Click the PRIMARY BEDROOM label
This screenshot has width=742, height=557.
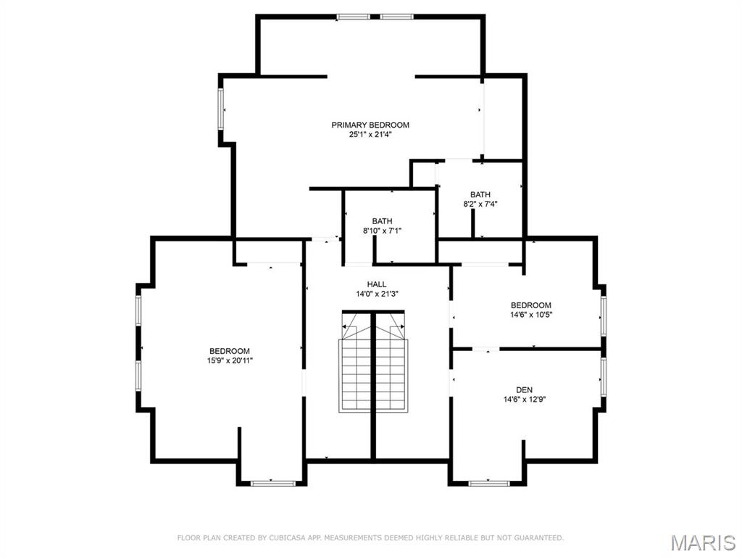click(x=370, y=125)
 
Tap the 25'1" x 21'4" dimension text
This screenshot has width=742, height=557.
click(x=370, y=134)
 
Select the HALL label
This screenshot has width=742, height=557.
click(x=377, y=284)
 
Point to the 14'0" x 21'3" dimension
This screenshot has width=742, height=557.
click(x=377, y=294)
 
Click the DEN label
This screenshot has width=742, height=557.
click(x=525, y=389)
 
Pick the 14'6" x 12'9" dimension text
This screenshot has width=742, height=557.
click(x=525, y=400)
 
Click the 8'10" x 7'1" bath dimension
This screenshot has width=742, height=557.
click(x=382, y=231)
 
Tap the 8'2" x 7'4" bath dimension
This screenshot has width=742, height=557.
click(x=480, y=204)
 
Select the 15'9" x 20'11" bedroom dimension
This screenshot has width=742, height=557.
click(x=230, y=360)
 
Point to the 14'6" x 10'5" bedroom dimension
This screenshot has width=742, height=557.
click(x=531, y=315)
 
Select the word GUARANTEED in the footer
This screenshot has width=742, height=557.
click(x=538, y=538)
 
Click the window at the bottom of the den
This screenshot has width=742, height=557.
click(x=489, y=483)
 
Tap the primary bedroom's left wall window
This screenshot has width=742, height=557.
click(x=220, y=109)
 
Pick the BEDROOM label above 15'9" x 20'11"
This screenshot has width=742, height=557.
click(x=230, y=351)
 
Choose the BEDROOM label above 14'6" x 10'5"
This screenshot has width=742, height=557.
click(x=531, y=305)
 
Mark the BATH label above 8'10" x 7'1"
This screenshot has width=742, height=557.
click(x=382, y=221)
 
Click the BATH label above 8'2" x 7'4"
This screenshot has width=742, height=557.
click(x=480, y=194)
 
